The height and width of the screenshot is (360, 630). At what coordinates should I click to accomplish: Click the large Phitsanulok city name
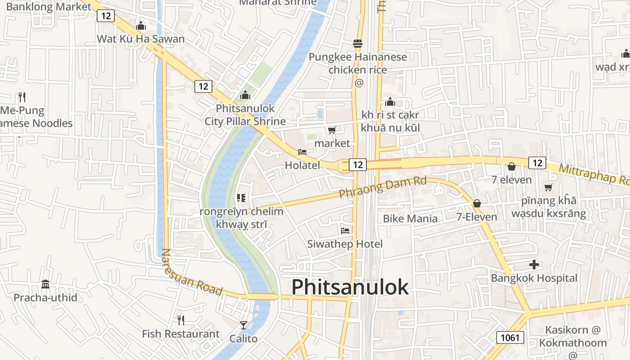pos(350,287)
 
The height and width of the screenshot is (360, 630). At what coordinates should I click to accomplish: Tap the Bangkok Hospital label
pos(534,278)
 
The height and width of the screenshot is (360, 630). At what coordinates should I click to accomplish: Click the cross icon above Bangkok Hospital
pos(534,265)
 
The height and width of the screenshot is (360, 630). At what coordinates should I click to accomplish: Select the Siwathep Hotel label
pos(345,244)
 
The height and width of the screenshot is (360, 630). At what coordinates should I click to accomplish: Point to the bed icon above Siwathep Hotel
pos(345,231)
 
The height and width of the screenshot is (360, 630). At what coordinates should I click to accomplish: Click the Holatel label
pos(302,165)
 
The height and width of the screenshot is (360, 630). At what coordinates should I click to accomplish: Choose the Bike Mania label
pos(410,219)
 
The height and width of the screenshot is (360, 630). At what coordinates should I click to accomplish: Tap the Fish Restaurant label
pos(180,334)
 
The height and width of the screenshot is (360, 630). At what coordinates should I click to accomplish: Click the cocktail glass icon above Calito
pos(243,325)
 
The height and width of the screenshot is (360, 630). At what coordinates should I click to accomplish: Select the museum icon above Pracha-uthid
pos(45,284)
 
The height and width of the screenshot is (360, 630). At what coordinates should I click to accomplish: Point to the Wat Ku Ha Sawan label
pos(141,39)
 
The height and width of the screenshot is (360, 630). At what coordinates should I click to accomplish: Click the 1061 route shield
pos(511,337)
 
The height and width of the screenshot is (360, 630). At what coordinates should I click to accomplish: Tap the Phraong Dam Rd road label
pos(382,188)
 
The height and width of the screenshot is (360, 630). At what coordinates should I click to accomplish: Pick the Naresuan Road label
pos(192,273)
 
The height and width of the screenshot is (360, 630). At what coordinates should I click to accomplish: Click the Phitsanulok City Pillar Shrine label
pos(245,115)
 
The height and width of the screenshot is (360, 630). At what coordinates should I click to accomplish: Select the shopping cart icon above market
pos(332,130)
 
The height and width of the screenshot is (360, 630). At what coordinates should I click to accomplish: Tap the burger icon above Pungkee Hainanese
pos(358,44)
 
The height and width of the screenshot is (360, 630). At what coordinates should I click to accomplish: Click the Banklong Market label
pos(49,7)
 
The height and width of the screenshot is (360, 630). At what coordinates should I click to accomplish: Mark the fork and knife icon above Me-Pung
pos(22,97)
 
